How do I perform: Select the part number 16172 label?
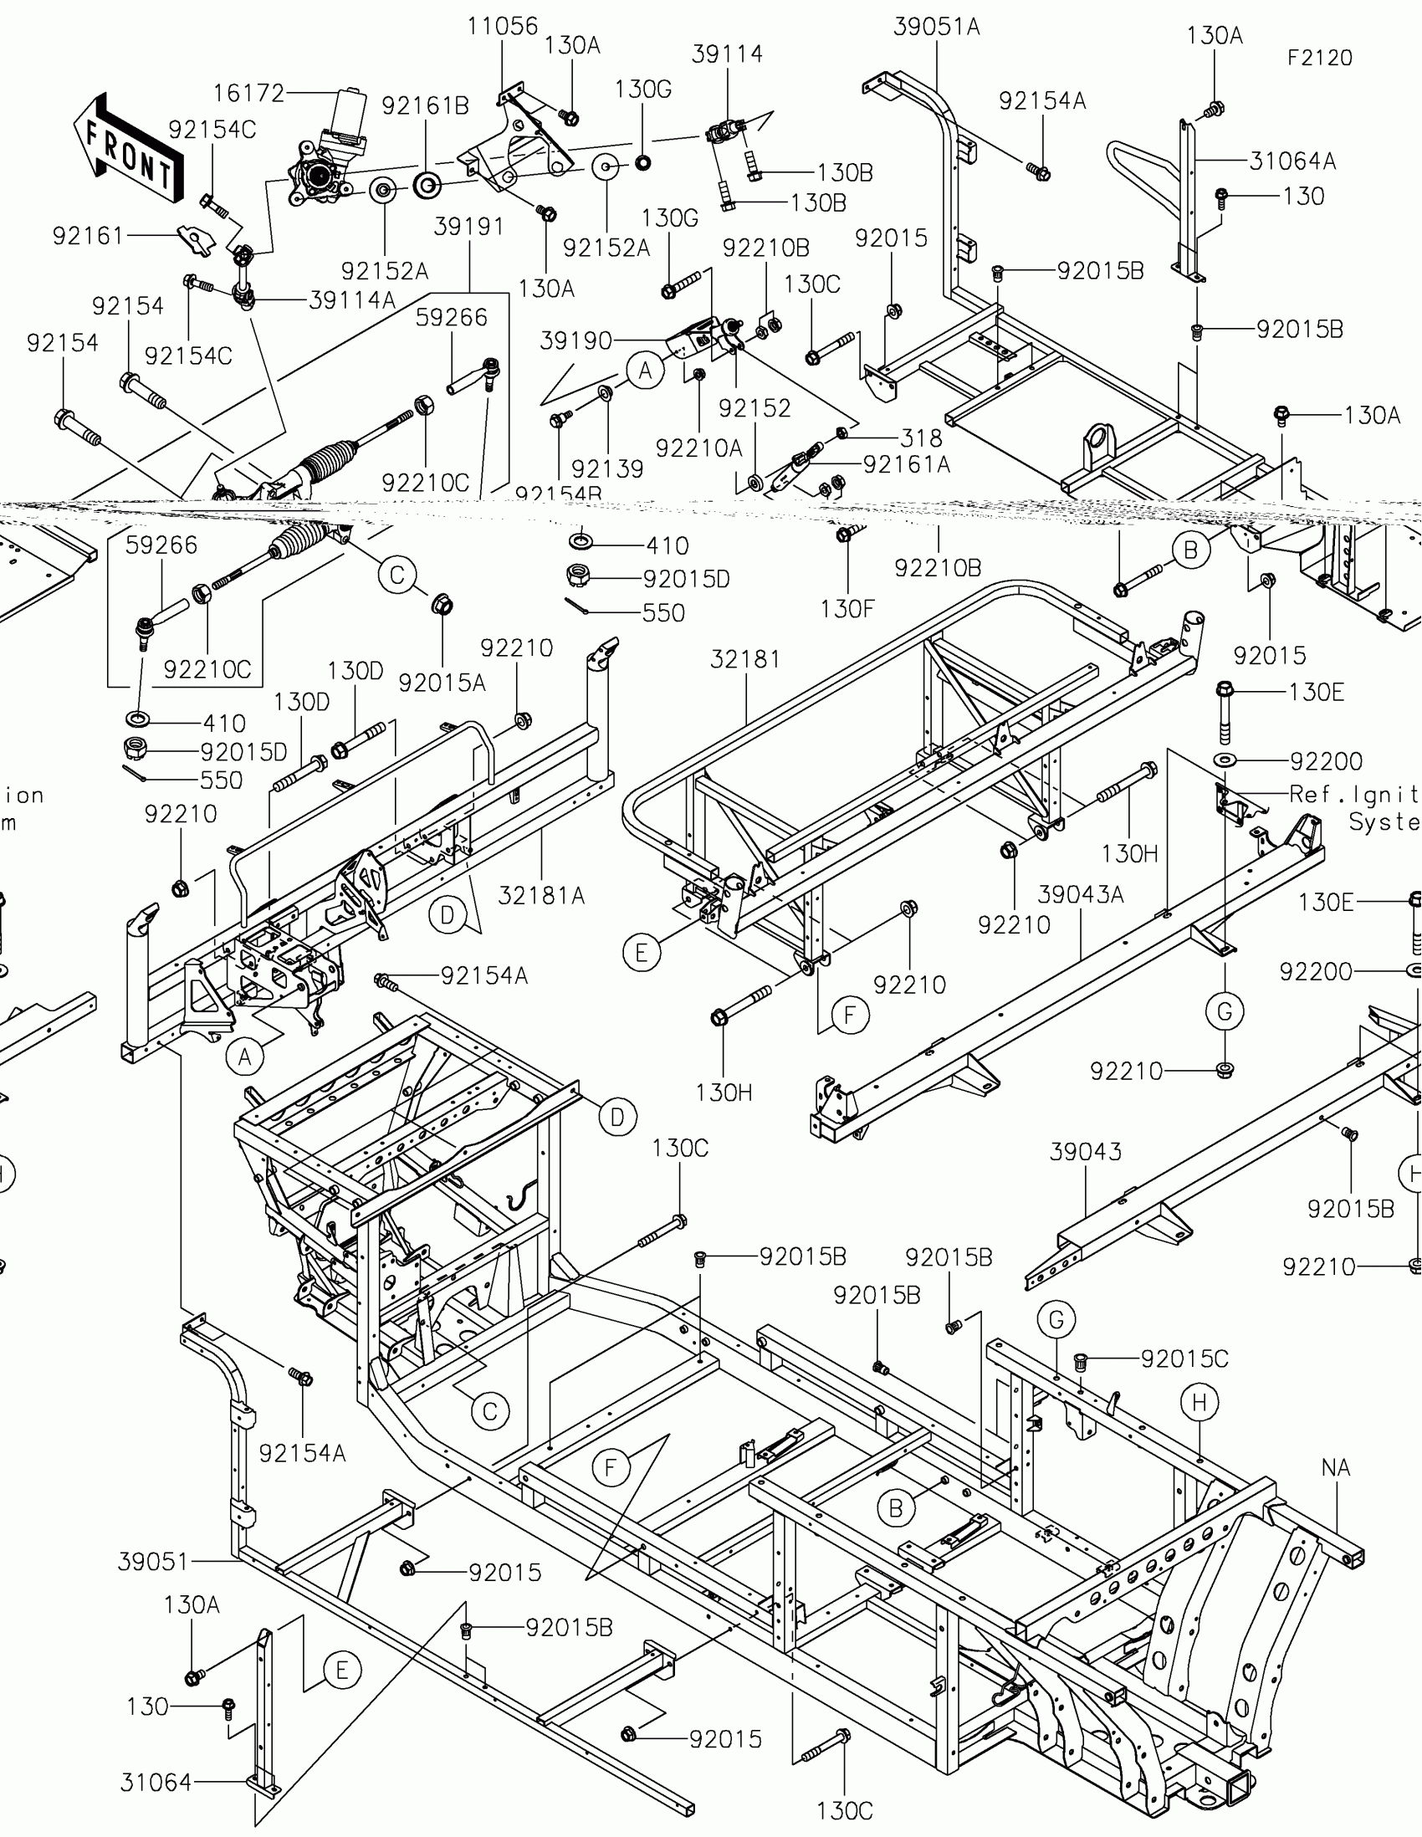pyautogui.click(x=249, y=94)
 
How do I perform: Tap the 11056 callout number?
pyautogui.click(x=503, y=26)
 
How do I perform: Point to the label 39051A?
pyautogui.click(x=937, y=27)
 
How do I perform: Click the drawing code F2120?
pyautogui.click(x=1319, y=58)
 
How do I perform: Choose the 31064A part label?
pyautogui.click(x=1292, y=161)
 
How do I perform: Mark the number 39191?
pyautogui.click(x=469, y=226)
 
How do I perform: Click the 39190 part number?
pyautogui.click(x=576, y=340)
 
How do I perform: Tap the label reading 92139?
pyautogui.click(x=607, y=468)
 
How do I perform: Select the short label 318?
pyautogui.click(x=921, y=438)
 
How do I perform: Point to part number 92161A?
pyautogui.click(x=907, y=464)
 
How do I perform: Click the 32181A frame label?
pyautogui.click(x=540, y=896)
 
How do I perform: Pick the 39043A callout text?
pyautogui.click(x=1081, y=894)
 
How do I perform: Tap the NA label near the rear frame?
pyautogui.click(x=1335, y=1468)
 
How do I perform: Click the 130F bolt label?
pyautogui.click(x=847, y=609)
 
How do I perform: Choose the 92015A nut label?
pyautogui.click(x=442, y=683)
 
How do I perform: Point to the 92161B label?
pyautogui.click(x=426, y=106)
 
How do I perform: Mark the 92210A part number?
pyautogui.click(x=698, y=448)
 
